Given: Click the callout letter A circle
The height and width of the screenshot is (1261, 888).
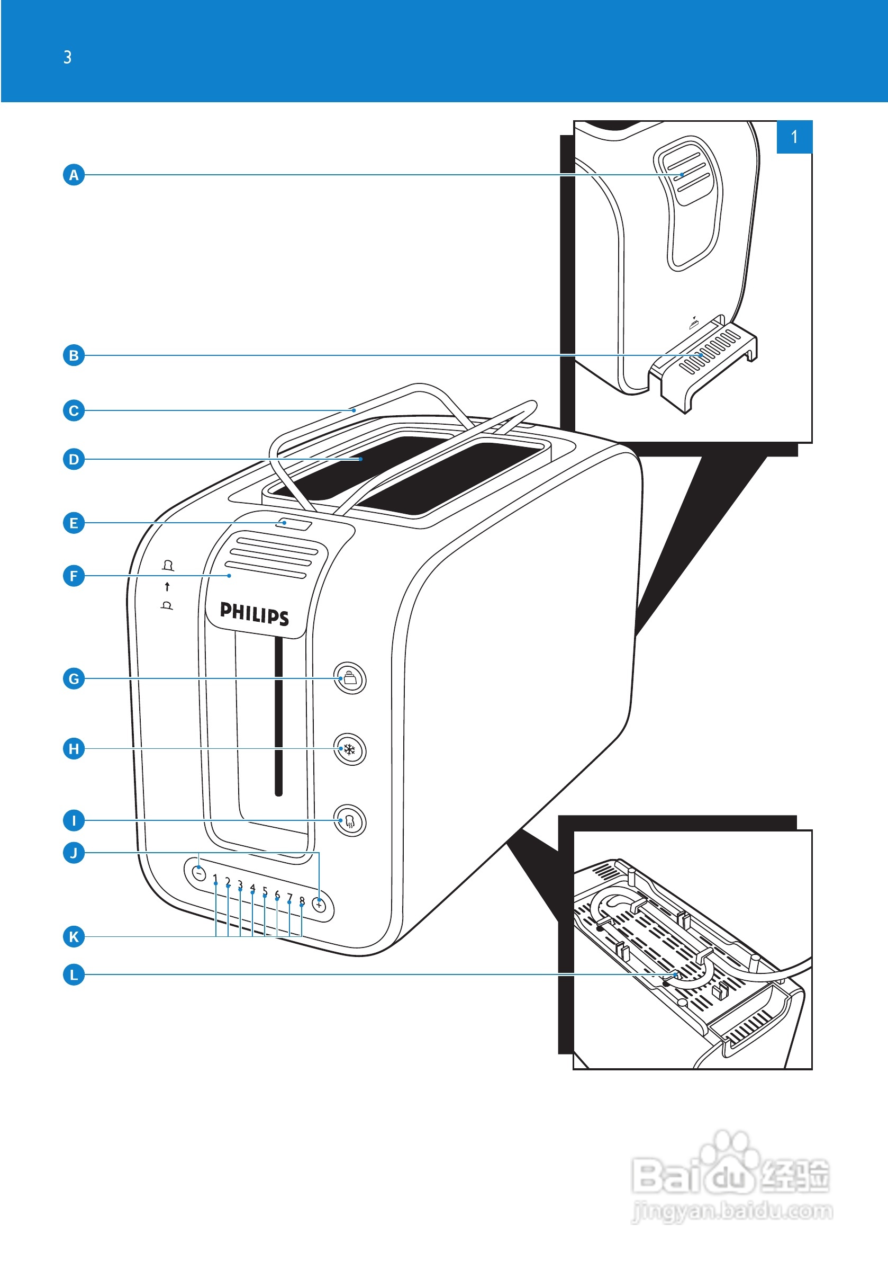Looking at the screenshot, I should (74, 175).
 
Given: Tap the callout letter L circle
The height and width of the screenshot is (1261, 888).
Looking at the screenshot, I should (74, 975).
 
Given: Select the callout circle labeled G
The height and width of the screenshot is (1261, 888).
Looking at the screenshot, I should (74, 679).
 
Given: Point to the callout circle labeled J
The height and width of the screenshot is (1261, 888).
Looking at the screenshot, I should (74, 853).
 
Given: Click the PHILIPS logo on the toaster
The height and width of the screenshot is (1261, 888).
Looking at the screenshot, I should (254, 613).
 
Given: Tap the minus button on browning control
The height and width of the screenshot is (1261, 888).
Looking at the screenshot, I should (198, 873).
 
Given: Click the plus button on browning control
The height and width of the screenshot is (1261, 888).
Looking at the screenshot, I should (319, 904).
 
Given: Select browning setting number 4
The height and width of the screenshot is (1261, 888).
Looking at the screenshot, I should (252, 888).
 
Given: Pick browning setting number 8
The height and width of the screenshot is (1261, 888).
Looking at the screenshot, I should (302, 900).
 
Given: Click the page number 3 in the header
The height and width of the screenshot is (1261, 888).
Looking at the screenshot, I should (68, 57).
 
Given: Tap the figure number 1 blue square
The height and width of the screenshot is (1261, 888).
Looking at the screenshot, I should (794, 137).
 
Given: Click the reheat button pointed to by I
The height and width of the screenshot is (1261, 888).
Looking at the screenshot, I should (350, 821).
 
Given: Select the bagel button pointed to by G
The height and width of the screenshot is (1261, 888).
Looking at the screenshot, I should (350, 679).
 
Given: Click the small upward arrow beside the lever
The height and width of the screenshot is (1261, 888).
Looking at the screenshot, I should (167, 587).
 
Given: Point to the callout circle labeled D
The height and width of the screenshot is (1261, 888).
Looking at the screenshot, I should (74, 459).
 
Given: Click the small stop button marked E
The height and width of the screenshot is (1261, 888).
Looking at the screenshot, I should (294, 523).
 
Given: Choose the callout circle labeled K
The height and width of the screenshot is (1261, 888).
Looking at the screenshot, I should (74, 936).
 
